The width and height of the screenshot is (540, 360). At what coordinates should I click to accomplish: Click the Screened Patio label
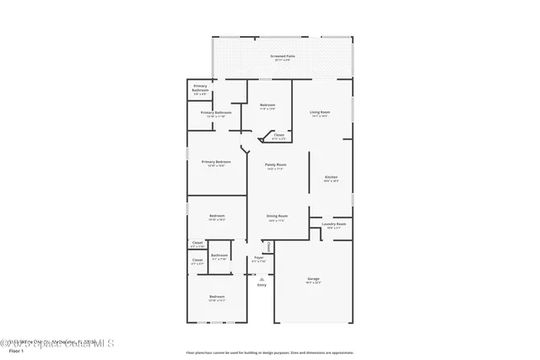tap(281, 56)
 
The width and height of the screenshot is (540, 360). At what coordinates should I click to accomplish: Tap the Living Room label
tap(320, 111)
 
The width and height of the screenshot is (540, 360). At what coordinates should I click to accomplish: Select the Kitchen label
tap(332, 177)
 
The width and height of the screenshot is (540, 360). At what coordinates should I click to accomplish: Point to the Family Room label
tap(276, 164)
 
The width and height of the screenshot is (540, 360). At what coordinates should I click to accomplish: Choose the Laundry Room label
tap(333, 224)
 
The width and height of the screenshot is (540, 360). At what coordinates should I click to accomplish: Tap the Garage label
tap(313, 278)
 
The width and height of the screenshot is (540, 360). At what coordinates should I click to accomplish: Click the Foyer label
tap(259, 257)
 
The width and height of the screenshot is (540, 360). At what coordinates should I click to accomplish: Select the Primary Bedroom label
tap(216, 161)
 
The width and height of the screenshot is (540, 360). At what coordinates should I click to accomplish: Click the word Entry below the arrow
tap(262, 286)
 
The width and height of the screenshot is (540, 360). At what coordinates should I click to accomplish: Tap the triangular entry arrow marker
tap(262, 277)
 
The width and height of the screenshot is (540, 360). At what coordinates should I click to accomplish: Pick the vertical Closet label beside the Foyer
tap(269, 247)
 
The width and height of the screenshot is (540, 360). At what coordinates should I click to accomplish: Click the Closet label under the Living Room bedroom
tap(278, 135)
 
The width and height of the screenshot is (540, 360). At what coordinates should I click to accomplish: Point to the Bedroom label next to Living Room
tap(268, 105)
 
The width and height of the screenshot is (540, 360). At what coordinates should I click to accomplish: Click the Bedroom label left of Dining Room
tap(217, 216)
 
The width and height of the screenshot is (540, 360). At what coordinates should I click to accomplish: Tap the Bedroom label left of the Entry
tap(217, 296)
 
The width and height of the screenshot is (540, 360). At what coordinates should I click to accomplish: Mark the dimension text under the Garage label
tap(313, 282)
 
